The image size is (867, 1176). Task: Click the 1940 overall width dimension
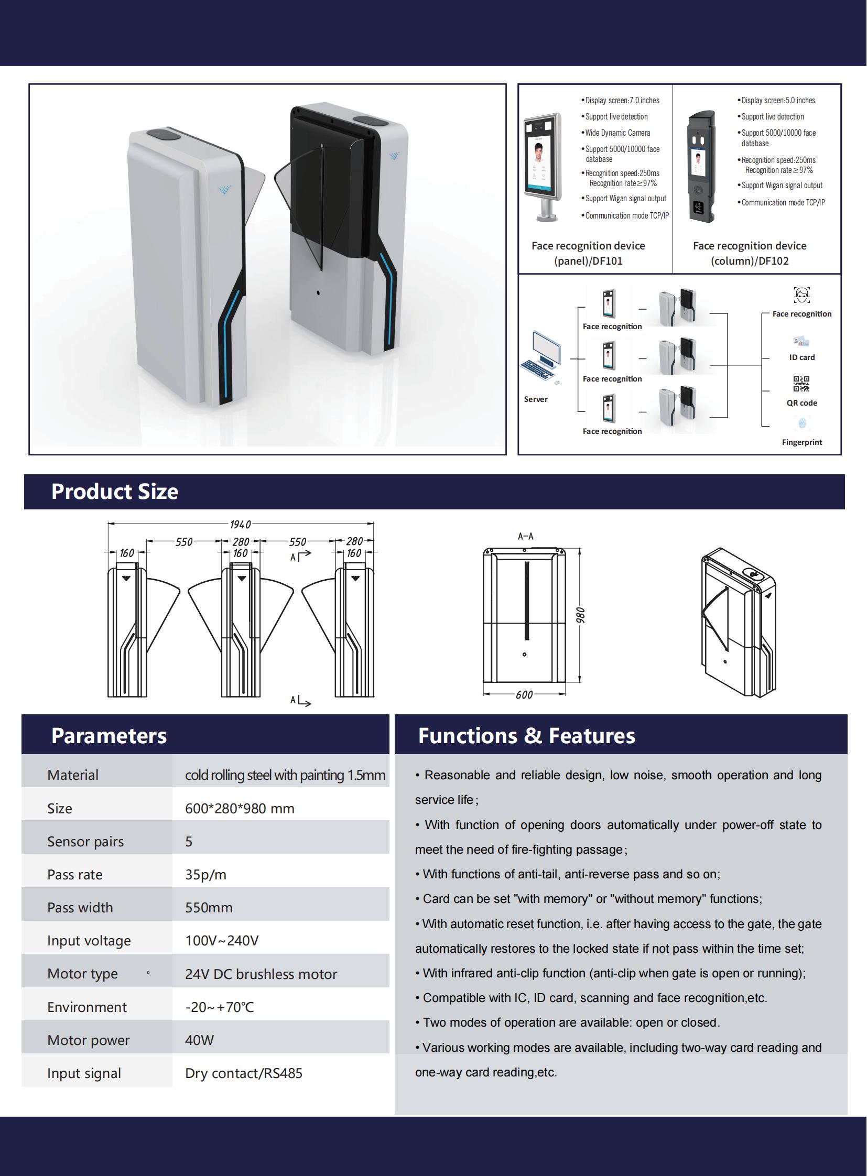click(x=241, y=524)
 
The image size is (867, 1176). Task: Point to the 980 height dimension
click(x=580, y=615)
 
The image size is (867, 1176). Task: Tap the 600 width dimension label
click(x=524, y=695)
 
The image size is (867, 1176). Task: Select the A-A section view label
click(x=525, y=536)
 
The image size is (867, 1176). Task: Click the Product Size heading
click(x=114, y=492)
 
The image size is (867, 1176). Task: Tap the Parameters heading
click(x=109, y=736)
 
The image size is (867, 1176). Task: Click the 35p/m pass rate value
click(x=205, y=875)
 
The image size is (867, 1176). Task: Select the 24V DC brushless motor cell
click(x=261, y=974)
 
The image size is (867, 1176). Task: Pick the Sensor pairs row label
click(x=85, y=842)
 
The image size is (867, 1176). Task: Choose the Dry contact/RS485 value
click(x=244, y=1073)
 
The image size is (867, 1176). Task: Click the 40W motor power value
click(x=199, y=1040)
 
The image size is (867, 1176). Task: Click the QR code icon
click(x=801, y=384)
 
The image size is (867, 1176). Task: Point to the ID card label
click(x=802, y=357)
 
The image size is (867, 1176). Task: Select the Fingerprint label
click(x=802, y=442)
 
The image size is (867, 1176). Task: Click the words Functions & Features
click(x=526, y=736)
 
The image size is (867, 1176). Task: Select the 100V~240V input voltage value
click(x=222, y=941)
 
